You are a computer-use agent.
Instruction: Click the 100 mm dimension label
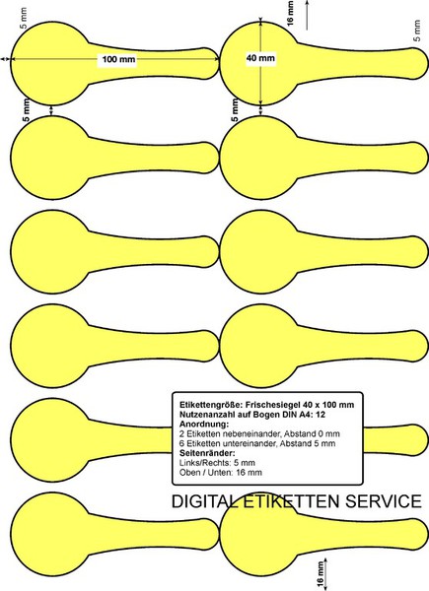(118, 59)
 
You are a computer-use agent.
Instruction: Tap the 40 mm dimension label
(260, 58)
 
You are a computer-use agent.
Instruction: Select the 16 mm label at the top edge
(290, 13)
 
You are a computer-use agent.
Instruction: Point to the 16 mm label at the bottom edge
(321, 575)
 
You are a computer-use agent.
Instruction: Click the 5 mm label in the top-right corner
(417, 31)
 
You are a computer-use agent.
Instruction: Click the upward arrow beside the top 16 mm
(307, 15)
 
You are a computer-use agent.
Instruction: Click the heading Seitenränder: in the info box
(207, 453)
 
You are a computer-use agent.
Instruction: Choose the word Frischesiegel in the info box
(270, 405)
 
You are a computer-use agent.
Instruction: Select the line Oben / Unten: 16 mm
(221, 472)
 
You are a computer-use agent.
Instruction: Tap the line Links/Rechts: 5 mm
(217, 463)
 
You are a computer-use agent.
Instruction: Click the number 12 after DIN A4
(321, 415)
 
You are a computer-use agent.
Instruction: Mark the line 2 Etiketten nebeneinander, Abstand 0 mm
(259, 433)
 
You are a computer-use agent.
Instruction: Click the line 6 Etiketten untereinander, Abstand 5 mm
(257, 443)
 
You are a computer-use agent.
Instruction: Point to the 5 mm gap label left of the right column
(235, 110)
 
